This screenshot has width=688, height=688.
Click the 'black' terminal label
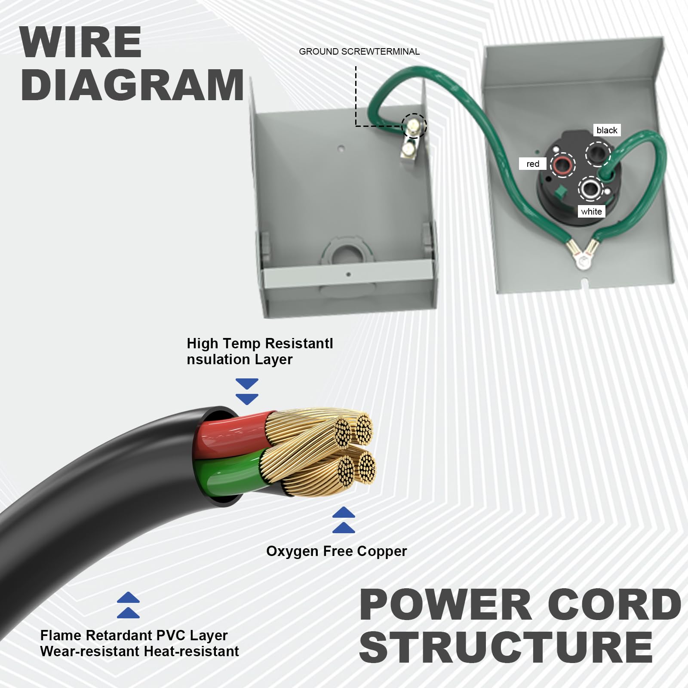pyautogui.click(x=607, y=130)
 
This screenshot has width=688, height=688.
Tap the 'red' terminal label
pyautogui.click(x=533, y=164)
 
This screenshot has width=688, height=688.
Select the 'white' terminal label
pyautogui.click(x=591, y=211)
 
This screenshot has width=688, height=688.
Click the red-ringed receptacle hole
pyautogui.click(x=563, y=165)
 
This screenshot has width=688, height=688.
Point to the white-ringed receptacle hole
pyautogui.click(x=590, y=188)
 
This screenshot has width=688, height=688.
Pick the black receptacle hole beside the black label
pyautogui.click(x=598, y=154)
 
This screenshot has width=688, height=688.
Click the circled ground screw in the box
pyautogui.click(x=414, y=126)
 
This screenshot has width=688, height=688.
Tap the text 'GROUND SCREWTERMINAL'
pyautogui.click(x=359, y=52)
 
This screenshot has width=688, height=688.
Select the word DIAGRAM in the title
pyautogui.click(x=132, y=85)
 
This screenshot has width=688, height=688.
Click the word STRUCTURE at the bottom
pyautogui.click(x=506, y=647)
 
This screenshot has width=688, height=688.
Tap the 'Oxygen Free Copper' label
pyautogui.click(x=336, y=551)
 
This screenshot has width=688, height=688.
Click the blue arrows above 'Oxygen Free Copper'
pyautogui.click(x=344, y=520)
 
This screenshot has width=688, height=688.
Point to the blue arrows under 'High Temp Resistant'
pyautogui.click(x=247, y=392)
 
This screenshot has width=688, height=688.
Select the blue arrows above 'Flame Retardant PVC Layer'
pyautogui.click(x=128, y=605)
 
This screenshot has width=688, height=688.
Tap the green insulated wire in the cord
pyautogui.click(x=228, y=474)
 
